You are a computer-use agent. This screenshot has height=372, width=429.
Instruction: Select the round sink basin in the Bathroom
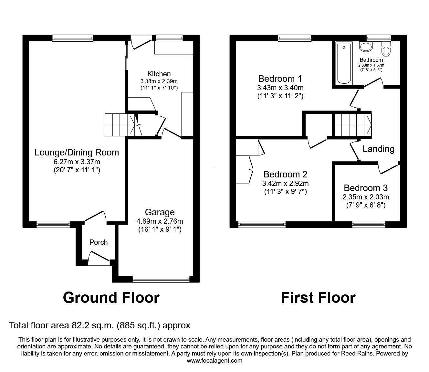(366, 47)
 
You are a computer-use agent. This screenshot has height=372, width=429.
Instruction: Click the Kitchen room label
(159, 74)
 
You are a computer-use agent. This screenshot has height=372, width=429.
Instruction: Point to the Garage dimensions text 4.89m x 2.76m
(160, 221)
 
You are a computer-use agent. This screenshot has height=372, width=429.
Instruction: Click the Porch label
(99, 242)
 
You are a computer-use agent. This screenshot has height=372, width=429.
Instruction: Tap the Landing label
(378, 149)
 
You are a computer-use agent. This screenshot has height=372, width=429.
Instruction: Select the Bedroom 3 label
(366, 188)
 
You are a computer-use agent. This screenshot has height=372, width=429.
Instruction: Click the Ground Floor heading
(111, 297)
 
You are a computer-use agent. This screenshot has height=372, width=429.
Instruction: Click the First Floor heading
(318, 297)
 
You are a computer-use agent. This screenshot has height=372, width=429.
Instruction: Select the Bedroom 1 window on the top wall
(295, 38)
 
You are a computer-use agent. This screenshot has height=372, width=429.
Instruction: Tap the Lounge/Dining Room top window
(73, 38)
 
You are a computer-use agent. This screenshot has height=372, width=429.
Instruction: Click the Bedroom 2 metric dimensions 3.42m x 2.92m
(285, 183)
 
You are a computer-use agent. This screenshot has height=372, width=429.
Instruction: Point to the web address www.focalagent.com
(214, 360)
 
